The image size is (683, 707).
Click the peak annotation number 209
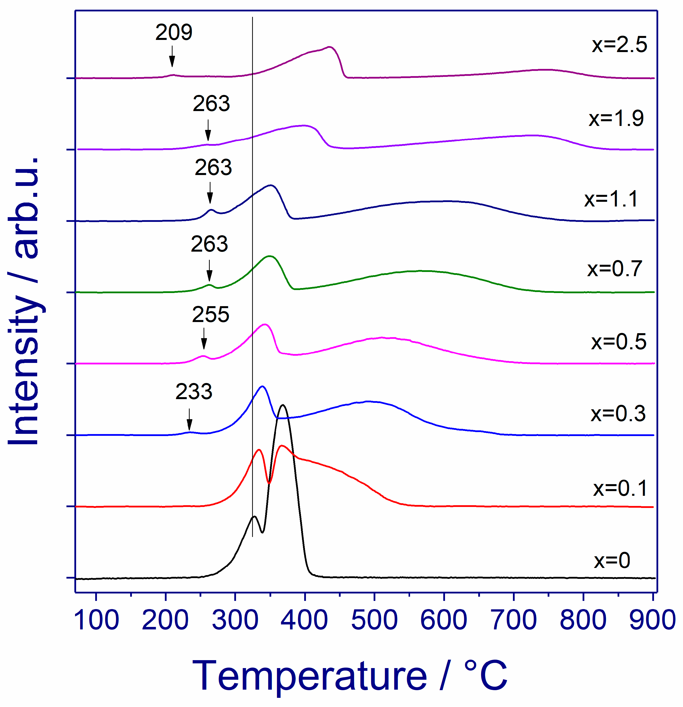tap(174, 32)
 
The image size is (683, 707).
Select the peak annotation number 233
tap(194, 391)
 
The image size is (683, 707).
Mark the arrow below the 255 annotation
tap(204, 339)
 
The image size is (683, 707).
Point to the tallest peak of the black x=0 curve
tap(283, 406)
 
